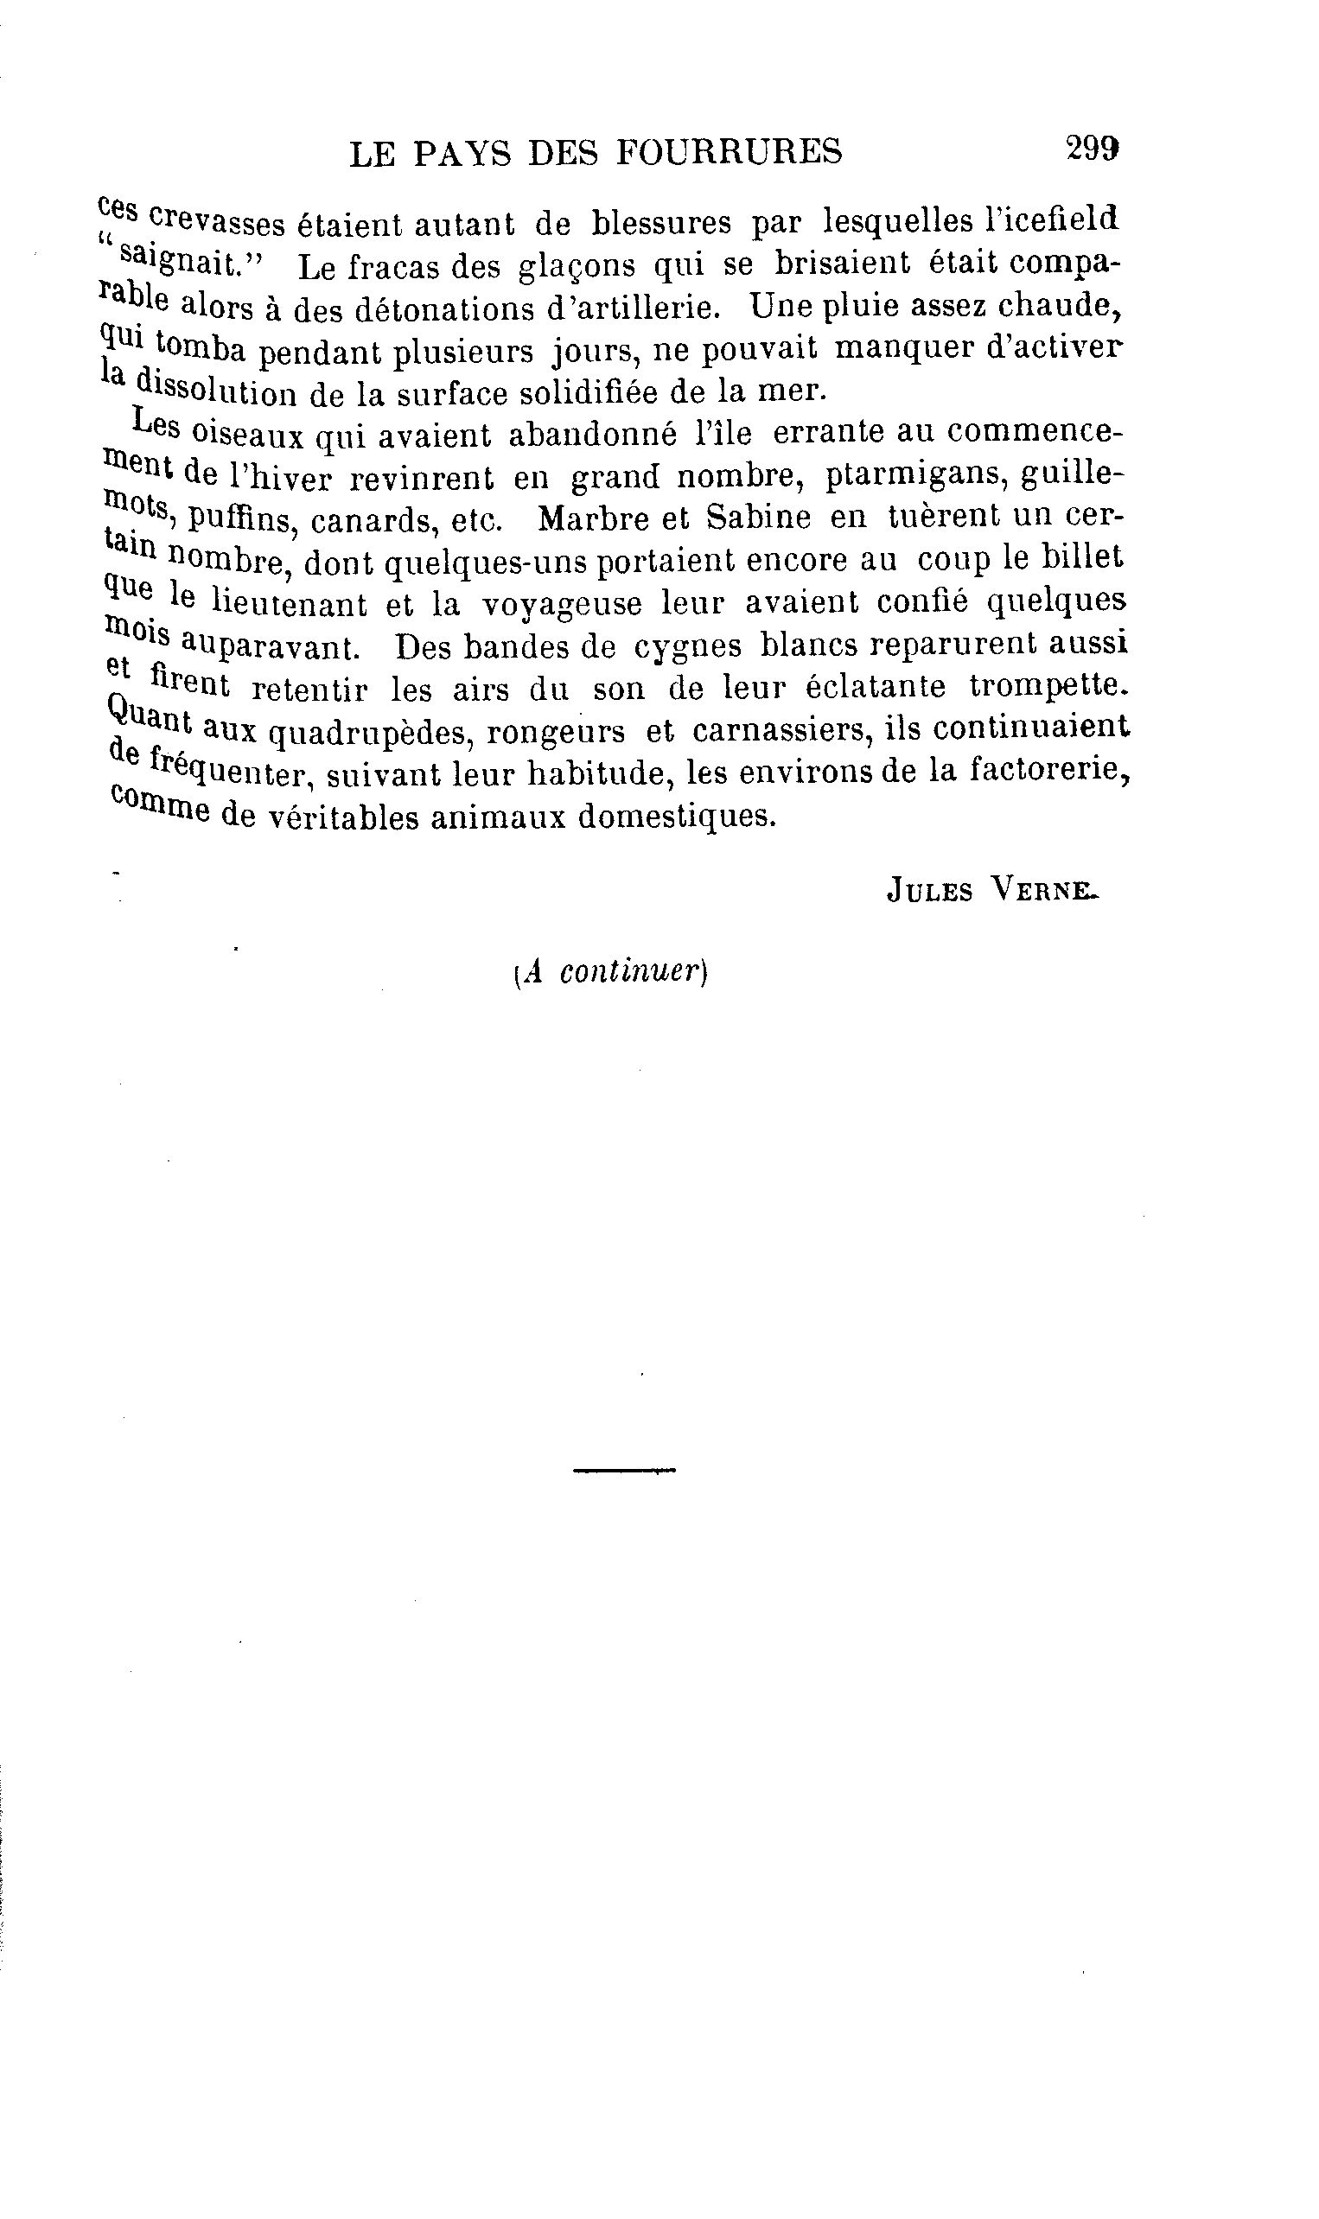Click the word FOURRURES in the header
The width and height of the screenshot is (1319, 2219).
tap(729, 153)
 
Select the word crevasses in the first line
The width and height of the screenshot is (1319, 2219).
tap(217, 222)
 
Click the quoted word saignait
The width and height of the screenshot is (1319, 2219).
tap(185, 262)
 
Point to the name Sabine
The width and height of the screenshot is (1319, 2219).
tap(758, 518)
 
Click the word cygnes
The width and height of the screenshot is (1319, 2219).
tap(687, 645)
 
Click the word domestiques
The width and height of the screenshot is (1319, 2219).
tap(678, 816)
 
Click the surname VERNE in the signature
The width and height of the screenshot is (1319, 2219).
tap(1042, 889)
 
